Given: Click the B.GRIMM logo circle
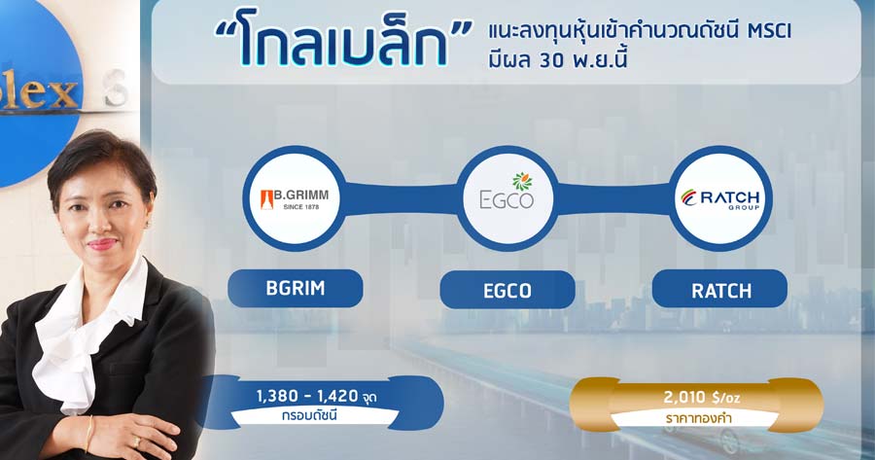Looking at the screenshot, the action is pyautogui.click(x=294, y=198).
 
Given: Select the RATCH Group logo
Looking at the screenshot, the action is pyautogui.click(x=719, y=198).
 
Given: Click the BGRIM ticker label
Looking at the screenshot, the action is pyautogui.click(x=296, y=288).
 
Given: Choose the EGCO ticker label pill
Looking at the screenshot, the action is pyautogui.click(x=507, y=290).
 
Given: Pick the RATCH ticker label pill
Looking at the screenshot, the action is pyautogui.click(x=719, y=290).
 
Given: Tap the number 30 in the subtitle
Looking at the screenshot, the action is pyautogui.click(x=552, y=60).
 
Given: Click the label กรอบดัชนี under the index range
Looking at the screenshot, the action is pyautogui.click(x=309, y=416).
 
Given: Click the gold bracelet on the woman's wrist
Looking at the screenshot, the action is pyautogui.click(x=88, y=433).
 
